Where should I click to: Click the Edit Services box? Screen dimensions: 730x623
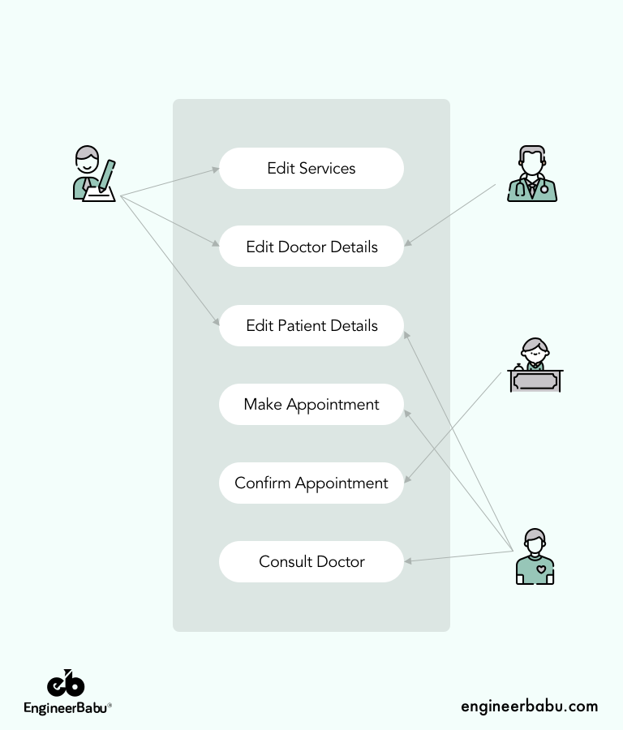coord(311,169)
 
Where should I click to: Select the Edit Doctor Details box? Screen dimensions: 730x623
coord(311,247)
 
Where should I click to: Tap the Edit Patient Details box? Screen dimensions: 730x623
coord(311,326)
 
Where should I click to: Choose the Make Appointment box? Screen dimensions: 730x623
coord(311,405)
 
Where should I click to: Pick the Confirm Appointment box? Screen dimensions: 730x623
coord(311,483)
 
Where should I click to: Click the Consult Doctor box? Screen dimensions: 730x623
coord(311,562)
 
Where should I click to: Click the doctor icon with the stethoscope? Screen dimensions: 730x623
coord(532,174)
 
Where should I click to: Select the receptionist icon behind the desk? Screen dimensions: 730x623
coord(535,365)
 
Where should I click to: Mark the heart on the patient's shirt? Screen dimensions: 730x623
coord(541,569)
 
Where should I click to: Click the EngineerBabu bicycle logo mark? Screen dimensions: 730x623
coord(66,684)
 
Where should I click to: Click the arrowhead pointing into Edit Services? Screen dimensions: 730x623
coord(216,170)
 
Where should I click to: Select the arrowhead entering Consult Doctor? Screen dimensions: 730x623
coord(408,560)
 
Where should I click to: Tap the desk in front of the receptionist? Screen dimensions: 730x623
coord(535,381)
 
